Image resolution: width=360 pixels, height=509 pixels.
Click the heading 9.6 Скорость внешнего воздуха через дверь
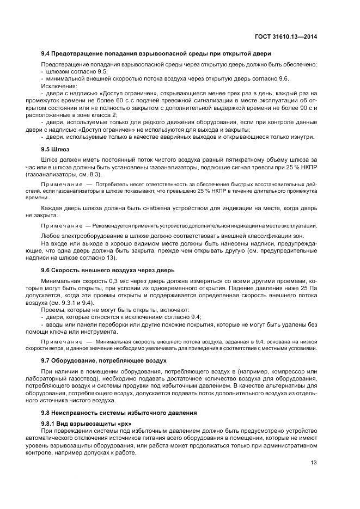click(108, 270)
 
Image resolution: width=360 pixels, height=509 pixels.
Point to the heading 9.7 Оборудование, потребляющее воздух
click(104, 360)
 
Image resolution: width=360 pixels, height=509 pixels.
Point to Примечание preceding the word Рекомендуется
click(60, 225)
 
